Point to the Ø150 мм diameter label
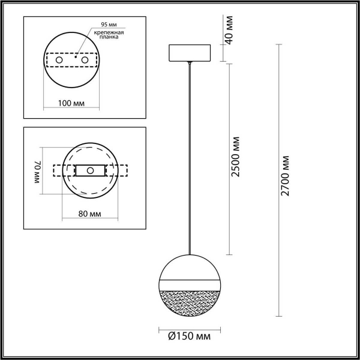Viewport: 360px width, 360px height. pos(187,335)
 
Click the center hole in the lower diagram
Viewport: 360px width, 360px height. pos(90,170)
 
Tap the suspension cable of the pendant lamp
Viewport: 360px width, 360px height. pos(190,156)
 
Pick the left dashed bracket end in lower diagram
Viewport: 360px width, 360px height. pos(58,170)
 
